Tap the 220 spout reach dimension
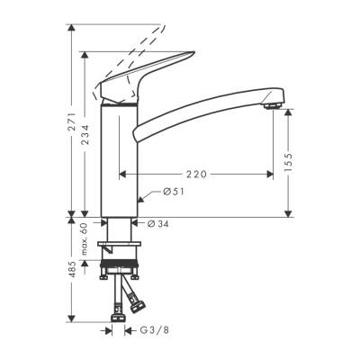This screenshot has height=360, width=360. [x=199, y=173]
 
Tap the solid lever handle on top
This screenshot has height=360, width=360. [x=135, y=84]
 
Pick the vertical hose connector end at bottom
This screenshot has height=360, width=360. [x=118, y=314]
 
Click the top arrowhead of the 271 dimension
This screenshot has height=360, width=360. [x=70, y=27]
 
